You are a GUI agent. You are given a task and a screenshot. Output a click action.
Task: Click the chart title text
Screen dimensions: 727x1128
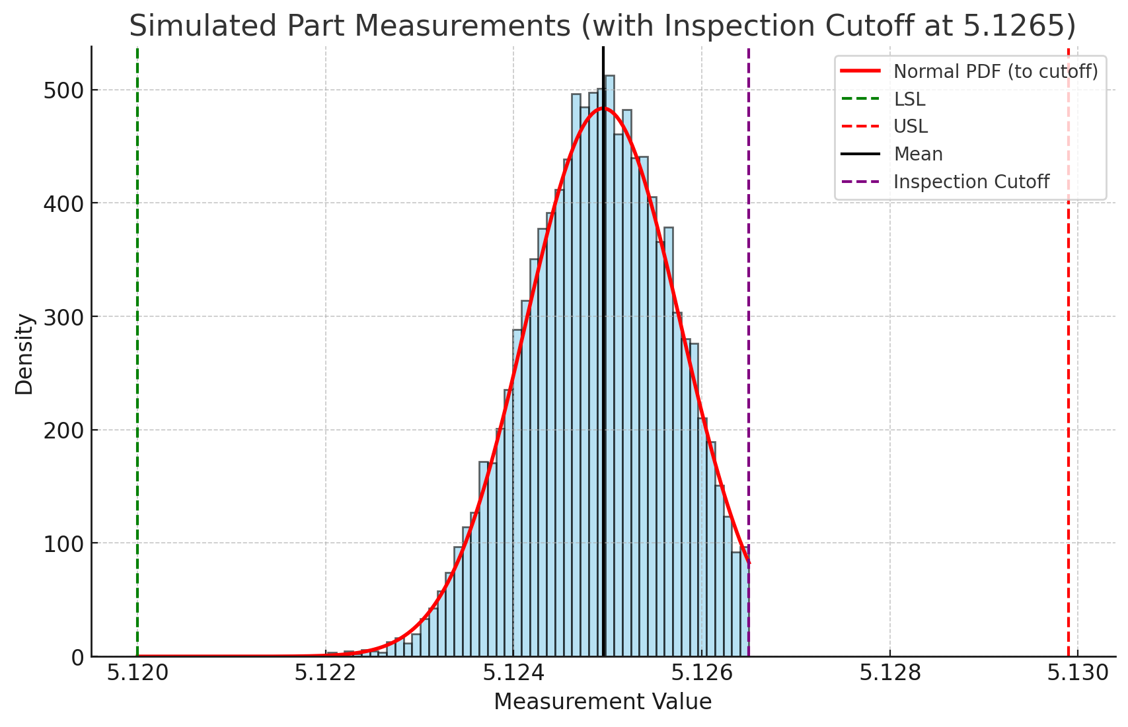(602, 26)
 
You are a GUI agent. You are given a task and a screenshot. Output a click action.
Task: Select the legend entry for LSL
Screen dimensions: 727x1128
(909, 99)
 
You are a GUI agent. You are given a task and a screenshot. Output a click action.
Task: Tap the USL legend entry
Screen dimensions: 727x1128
(910, 126)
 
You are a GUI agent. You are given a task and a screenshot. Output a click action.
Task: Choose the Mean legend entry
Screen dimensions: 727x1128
(917, 154)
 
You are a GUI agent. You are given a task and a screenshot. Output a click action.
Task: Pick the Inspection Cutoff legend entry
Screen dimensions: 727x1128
(970, 182)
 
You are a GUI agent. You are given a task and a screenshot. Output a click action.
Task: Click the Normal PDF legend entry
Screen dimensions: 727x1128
(995, 71)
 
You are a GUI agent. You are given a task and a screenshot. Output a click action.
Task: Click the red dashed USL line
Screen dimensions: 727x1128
(1068, 396)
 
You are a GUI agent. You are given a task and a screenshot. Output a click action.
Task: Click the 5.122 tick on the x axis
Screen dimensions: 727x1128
(325, 673)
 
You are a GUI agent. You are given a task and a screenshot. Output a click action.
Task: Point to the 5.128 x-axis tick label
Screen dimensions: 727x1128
(889, 673)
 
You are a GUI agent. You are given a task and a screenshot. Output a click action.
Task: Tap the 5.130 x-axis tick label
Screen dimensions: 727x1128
(1077, 673)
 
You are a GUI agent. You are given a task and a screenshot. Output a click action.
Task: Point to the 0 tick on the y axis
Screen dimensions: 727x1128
(77, 658)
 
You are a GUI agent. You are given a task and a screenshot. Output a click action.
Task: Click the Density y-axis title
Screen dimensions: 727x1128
(24, 354)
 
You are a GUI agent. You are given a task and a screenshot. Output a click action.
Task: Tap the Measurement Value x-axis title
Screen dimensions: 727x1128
(602, 702)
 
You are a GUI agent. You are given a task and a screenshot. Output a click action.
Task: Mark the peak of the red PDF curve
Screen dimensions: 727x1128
(603, 108)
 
